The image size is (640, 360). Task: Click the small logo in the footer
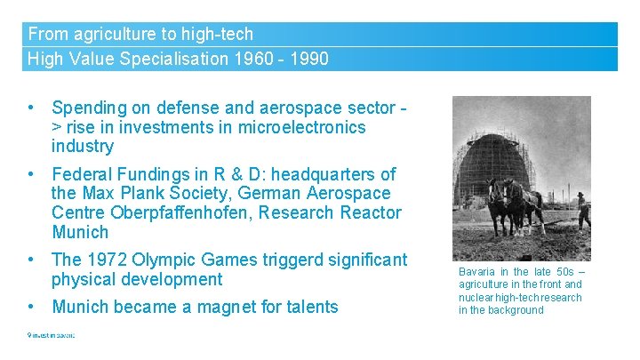[51, 335]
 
